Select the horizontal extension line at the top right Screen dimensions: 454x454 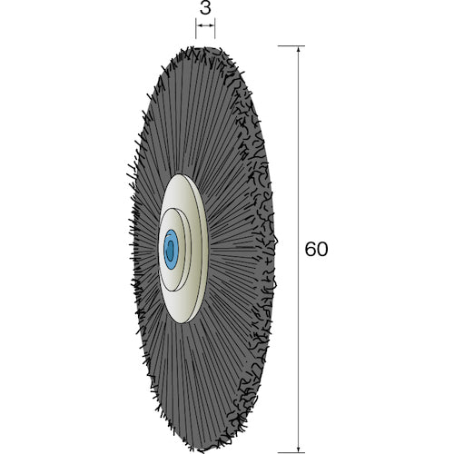[291, 45]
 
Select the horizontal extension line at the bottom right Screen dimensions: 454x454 [291, 451]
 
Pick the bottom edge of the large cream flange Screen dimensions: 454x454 [186, 320]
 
